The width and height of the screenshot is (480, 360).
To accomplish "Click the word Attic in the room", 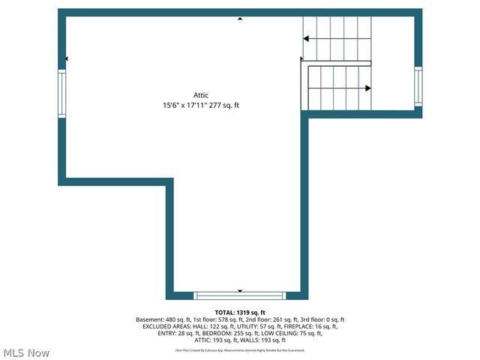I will tap(201, 95).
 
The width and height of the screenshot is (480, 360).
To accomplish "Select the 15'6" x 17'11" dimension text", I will tap(182, 106).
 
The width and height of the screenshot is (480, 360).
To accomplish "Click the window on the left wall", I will tap(62, 94).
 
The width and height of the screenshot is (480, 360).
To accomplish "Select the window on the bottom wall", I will tap(240, 295).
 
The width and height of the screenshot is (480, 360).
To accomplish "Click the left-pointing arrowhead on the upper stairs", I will tap(306, 38).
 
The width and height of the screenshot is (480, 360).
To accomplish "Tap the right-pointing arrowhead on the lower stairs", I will tap(367, 88).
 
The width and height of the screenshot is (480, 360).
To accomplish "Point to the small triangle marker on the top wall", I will tap(240, 18).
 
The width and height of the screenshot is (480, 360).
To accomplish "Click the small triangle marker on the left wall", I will tap(67, 58).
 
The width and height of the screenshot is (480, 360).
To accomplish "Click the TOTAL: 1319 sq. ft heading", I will tap(240, 312).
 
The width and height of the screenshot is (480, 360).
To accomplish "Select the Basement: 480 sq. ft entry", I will tap(161, 319).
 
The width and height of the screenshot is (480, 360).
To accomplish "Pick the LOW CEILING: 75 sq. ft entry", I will tap(290, 333).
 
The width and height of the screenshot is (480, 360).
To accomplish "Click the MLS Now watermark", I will tap(26, 352).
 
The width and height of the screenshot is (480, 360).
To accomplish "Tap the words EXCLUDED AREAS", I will tap(162, 326).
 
